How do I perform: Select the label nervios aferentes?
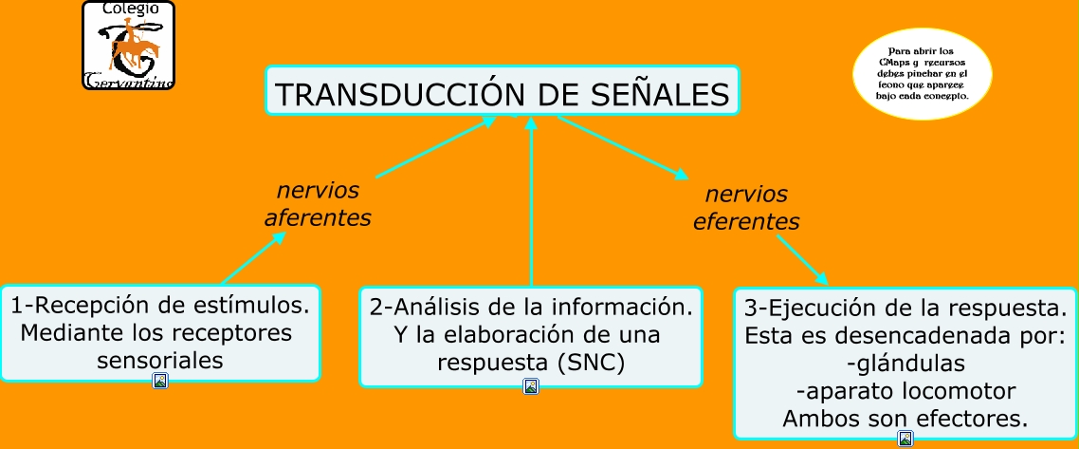317,204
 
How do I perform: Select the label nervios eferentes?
746,208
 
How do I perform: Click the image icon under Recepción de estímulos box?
160,381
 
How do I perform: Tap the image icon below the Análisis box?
531,386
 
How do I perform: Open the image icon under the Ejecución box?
905,439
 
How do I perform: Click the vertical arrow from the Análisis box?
531,204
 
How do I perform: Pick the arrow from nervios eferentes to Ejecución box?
802,259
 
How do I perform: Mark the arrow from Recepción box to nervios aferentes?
253,257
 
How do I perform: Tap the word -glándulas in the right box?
905,364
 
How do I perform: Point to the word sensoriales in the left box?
160,360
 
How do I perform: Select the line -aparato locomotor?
905,391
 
